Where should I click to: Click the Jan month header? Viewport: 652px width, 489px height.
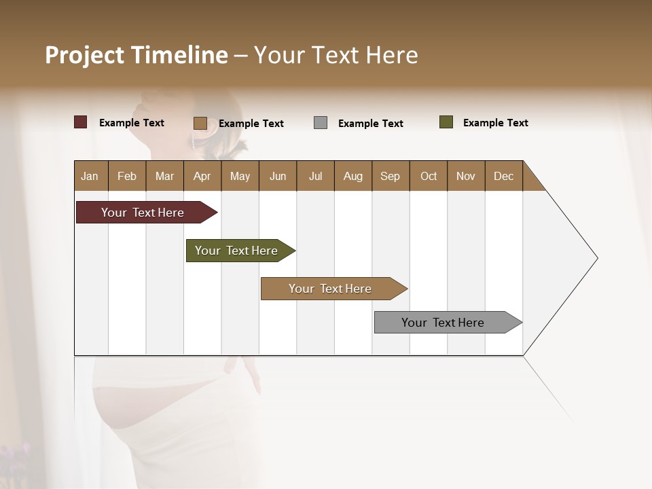(90, 176)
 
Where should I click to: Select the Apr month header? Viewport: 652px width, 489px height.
(202, 176)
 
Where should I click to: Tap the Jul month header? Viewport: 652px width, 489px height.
(315, 176)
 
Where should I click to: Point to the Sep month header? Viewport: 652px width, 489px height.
(390, 176)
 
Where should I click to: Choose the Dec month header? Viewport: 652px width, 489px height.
(503, 176)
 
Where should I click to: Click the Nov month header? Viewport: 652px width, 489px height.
(465, 176)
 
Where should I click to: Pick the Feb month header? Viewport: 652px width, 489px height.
(127, 176)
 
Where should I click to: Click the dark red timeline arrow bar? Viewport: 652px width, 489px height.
(143, 213)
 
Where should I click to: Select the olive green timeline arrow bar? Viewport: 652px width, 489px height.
(237, 251)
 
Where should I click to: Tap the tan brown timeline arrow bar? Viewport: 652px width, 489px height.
(331, 289)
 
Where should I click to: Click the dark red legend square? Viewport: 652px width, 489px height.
(80, 122)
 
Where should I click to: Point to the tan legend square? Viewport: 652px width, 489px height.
(200, 123)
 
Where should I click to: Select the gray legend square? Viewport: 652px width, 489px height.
(321, 123)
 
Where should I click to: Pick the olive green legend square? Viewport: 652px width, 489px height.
(446, 122)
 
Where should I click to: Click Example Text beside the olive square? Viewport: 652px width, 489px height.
(495, 123)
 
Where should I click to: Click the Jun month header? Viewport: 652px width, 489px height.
(278, 176)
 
